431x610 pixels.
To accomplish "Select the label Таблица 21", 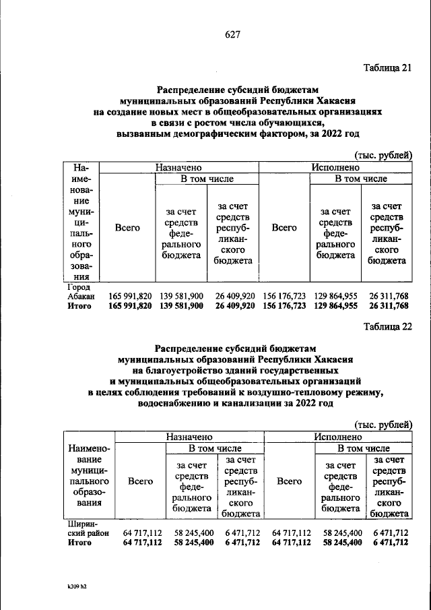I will (x=387, y=68).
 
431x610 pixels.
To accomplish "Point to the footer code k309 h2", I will (x=69, y=586).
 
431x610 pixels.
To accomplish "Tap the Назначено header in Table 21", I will (x=179, y=166).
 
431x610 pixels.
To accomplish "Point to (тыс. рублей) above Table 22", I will (x=383, y=425).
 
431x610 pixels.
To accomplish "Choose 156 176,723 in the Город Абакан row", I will (x=284, y=296).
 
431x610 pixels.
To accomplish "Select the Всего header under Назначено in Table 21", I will (x=127, y=228).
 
